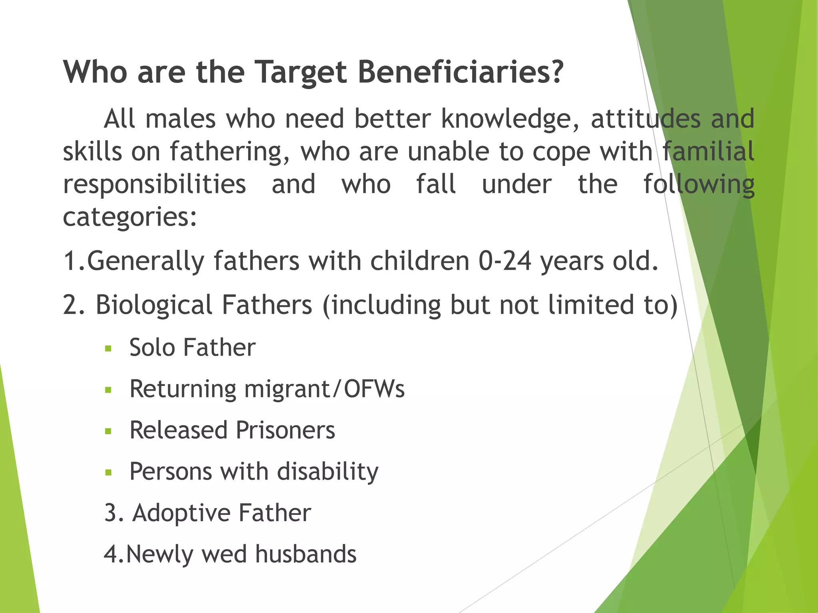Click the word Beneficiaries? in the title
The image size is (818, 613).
460,73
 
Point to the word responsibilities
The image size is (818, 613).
155,185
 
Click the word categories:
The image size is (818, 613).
130,218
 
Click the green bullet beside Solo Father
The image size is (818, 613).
108,348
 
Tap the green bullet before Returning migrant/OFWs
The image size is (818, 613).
108,390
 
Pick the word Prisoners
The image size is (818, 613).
285,431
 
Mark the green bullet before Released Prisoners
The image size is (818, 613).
108,431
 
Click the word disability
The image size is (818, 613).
328,472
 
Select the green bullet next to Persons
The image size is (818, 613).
108,473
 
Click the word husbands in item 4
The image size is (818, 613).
306,555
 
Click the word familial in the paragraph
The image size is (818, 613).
708,152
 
